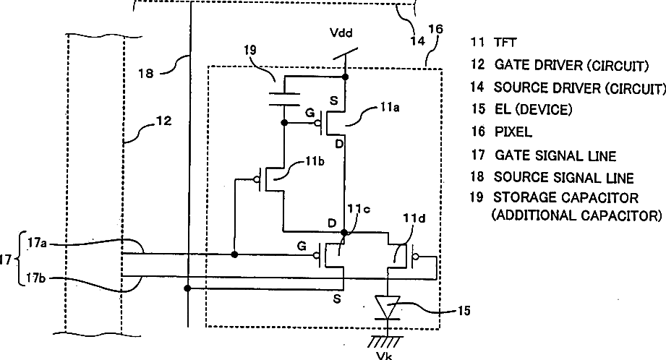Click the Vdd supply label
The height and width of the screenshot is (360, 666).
[x=341, y=33]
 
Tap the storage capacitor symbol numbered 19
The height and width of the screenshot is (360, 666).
[x=284, y=99]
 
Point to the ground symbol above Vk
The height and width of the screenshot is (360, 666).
[x=385, y=342]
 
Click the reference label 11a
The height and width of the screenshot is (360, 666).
[x=390, y=108]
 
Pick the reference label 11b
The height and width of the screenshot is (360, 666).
[x=315, y=161]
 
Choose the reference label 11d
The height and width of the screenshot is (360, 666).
[x=414, y=218]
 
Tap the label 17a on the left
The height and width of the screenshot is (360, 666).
[x=38, y=243]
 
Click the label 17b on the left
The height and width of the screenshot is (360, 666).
[x=35, y=278]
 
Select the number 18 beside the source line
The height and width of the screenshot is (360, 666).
[x=145, y=74]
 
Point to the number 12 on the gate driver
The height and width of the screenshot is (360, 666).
[x=164, y=121]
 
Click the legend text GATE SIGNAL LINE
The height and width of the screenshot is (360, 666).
[x=555, y=156]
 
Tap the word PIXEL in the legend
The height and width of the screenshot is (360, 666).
[x=513, y=132]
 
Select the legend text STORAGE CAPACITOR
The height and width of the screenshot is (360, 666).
[x=565, y=198]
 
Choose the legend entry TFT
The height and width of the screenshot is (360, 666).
[x=505, y=43]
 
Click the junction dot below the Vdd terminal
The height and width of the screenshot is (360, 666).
[x=346, y=77]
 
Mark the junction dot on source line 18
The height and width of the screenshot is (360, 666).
[x=187, y=288]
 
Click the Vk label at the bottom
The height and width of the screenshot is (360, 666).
[x=385, y=356]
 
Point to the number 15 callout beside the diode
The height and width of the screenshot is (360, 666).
[x=464, y=311]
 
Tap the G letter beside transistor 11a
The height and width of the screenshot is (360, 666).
[x=310, y=113]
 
